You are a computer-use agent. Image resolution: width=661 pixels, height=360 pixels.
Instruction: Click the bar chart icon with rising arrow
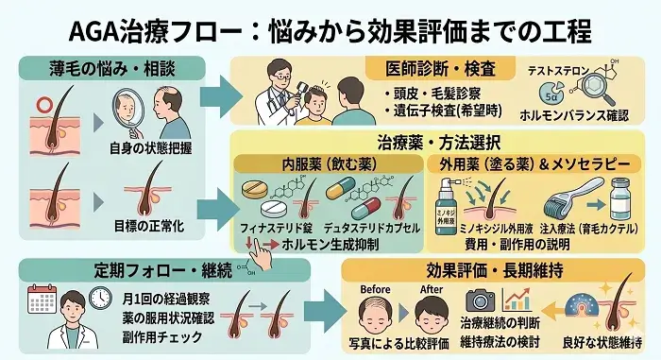point(517,300)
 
